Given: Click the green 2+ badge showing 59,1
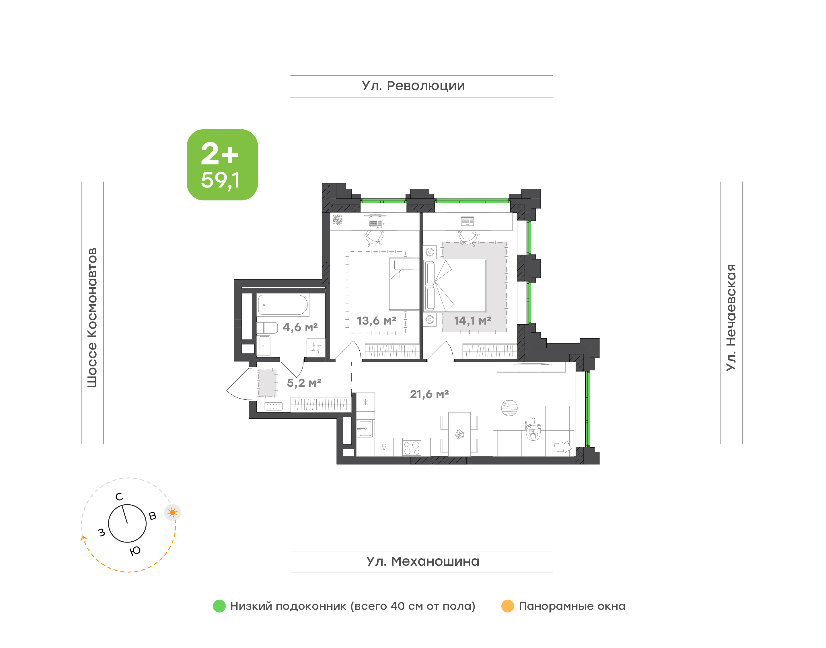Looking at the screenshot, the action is click(x=222, y=165).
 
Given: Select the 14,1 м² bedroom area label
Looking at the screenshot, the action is click(x=473, y=321).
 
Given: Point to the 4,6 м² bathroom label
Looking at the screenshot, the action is click(x=300, y=327).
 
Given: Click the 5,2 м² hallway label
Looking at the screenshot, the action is click(x=304, y=383).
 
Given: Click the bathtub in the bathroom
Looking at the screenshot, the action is click(x=283, y=305).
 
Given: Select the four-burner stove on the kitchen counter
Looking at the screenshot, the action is click(x=412, y=447).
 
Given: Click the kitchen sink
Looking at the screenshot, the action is click(x=365, y=429).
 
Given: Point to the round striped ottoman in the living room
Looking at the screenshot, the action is click(x=509, y=408).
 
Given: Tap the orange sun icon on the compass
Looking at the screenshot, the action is click(x=173, y=513).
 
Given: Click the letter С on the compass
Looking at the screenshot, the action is click(x=119, y=497).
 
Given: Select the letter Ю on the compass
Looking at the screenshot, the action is click(x=135, y=551).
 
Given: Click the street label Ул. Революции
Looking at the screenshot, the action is click(x=413, y=86).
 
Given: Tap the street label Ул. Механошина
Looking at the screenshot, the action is click(x=423, y=561).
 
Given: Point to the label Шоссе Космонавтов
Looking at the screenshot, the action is click(x=92, y=318).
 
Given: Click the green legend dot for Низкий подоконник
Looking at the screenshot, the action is click(x=219, y=606).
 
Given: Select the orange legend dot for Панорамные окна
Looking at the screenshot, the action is click(x=508, y=606).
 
